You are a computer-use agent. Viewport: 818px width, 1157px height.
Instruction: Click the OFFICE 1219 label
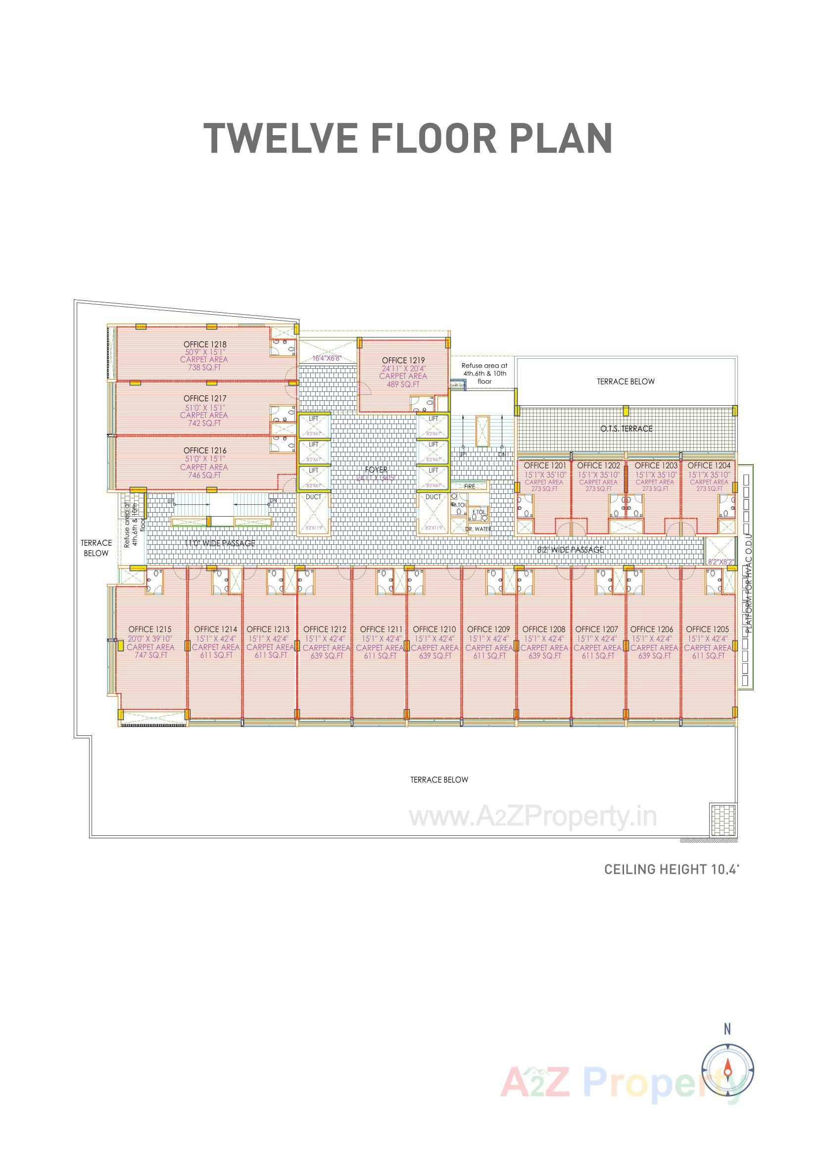[x=403, y=360]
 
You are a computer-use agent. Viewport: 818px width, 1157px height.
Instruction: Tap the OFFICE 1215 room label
[x=149, y=629]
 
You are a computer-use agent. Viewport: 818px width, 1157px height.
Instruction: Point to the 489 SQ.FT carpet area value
[x=403, y=385]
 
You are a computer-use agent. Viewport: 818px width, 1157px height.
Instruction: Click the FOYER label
[x=377, y=470]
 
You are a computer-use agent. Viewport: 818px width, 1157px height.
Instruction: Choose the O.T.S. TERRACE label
[x=626, y=429]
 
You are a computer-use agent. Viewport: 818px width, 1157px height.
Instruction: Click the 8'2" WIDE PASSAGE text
[x=570, y=550]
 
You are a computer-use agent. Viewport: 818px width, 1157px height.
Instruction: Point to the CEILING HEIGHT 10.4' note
[x=671, y=869]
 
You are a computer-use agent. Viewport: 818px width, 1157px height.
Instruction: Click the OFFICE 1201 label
[x=545, y=465]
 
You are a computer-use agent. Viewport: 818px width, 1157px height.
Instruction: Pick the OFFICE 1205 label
[x=707, y=629]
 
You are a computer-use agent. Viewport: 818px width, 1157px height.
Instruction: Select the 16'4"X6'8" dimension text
[x=327, y=358]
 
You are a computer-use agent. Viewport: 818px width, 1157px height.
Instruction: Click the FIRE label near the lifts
[x=469, y=486]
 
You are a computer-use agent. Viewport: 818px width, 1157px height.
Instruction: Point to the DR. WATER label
[x=478, y=529]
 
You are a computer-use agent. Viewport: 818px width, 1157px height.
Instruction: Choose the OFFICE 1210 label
[x=434, y=629]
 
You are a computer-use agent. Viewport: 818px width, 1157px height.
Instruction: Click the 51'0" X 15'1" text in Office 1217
[x=205, y=407]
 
